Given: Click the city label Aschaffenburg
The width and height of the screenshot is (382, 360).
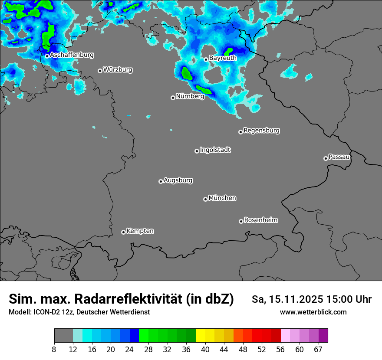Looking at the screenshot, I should click(x=72, y=55).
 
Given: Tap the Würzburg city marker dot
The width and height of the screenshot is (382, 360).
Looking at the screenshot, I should click(x=100, y=71).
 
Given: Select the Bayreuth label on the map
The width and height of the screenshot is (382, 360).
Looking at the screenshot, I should click(x=223, y=58).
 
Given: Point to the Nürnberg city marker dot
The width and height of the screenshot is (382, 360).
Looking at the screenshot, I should click(x=173, y=98).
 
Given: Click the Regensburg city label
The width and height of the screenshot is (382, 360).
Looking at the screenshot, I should click(x=261, y=130).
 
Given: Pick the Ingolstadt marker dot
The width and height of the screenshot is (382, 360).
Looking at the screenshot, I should click(x=197, y=151).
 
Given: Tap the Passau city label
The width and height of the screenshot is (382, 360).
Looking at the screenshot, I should click(x=339, y=157).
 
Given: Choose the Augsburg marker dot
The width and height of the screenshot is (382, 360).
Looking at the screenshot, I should click(x=161, y=181).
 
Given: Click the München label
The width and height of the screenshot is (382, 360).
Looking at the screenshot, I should click(x=222, y=198).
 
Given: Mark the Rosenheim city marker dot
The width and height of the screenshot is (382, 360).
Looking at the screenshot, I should click(x=241, y=222).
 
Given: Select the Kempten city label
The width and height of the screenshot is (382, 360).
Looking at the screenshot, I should click(x=140, y=231).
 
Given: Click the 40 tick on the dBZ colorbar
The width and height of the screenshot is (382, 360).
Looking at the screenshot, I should click(x=205, y=350).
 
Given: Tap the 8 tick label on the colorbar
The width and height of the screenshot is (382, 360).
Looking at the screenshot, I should click(x=54, y=350).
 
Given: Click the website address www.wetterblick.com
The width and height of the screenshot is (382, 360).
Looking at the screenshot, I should click(x=313, y=312).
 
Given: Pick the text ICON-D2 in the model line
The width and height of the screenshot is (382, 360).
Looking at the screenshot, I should click(x=46, y=312).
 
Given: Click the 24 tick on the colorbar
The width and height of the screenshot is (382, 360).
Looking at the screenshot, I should click(x=130, y=350).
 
